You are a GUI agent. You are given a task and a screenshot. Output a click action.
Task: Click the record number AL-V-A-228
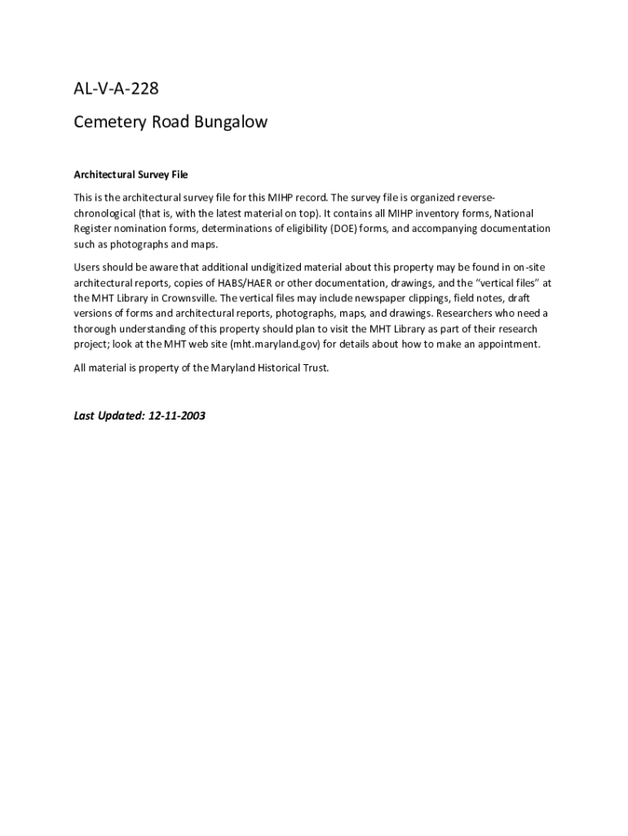click(x=116, y=91)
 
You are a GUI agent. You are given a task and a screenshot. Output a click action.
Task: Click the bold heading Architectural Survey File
click(x=130, y=175)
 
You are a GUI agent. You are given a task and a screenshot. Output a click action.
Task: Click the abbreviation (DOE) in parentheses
click(x=345, y=229)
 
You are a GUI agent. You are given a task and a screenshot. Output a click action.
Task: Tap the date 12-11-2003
click(x=177, y=416)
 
